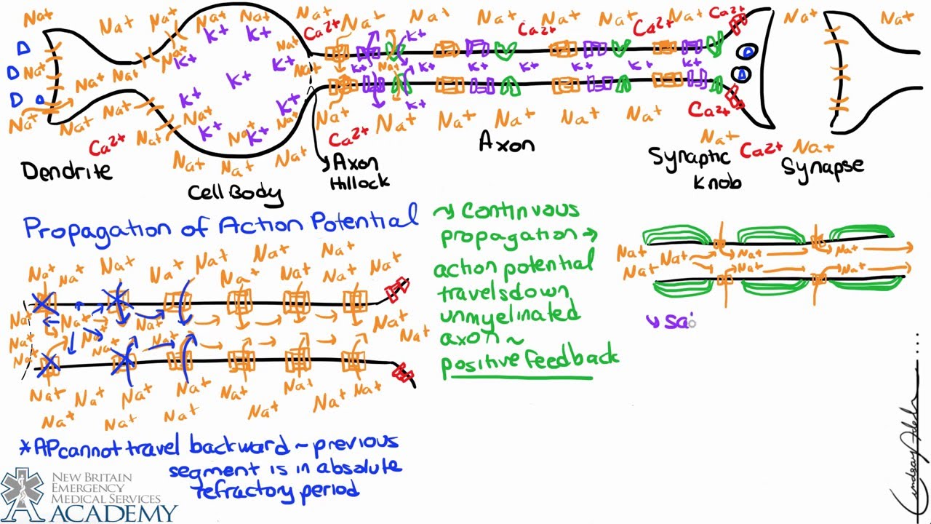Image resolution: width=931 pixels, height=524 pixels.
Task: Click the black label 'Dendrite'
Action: click(67, 171)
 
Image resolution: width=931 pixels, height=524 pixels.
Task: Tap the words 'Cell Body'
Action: click(234, 192)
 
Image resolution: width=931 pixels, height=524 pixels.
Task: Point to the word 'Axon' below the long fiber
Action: click(506, 143)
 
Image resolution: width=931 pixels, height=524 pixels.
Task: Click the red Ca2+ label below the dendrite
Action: click(105, 146)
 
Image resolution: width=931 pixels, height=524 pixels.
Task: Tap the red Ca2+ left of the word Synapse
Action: click(761, 151)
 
